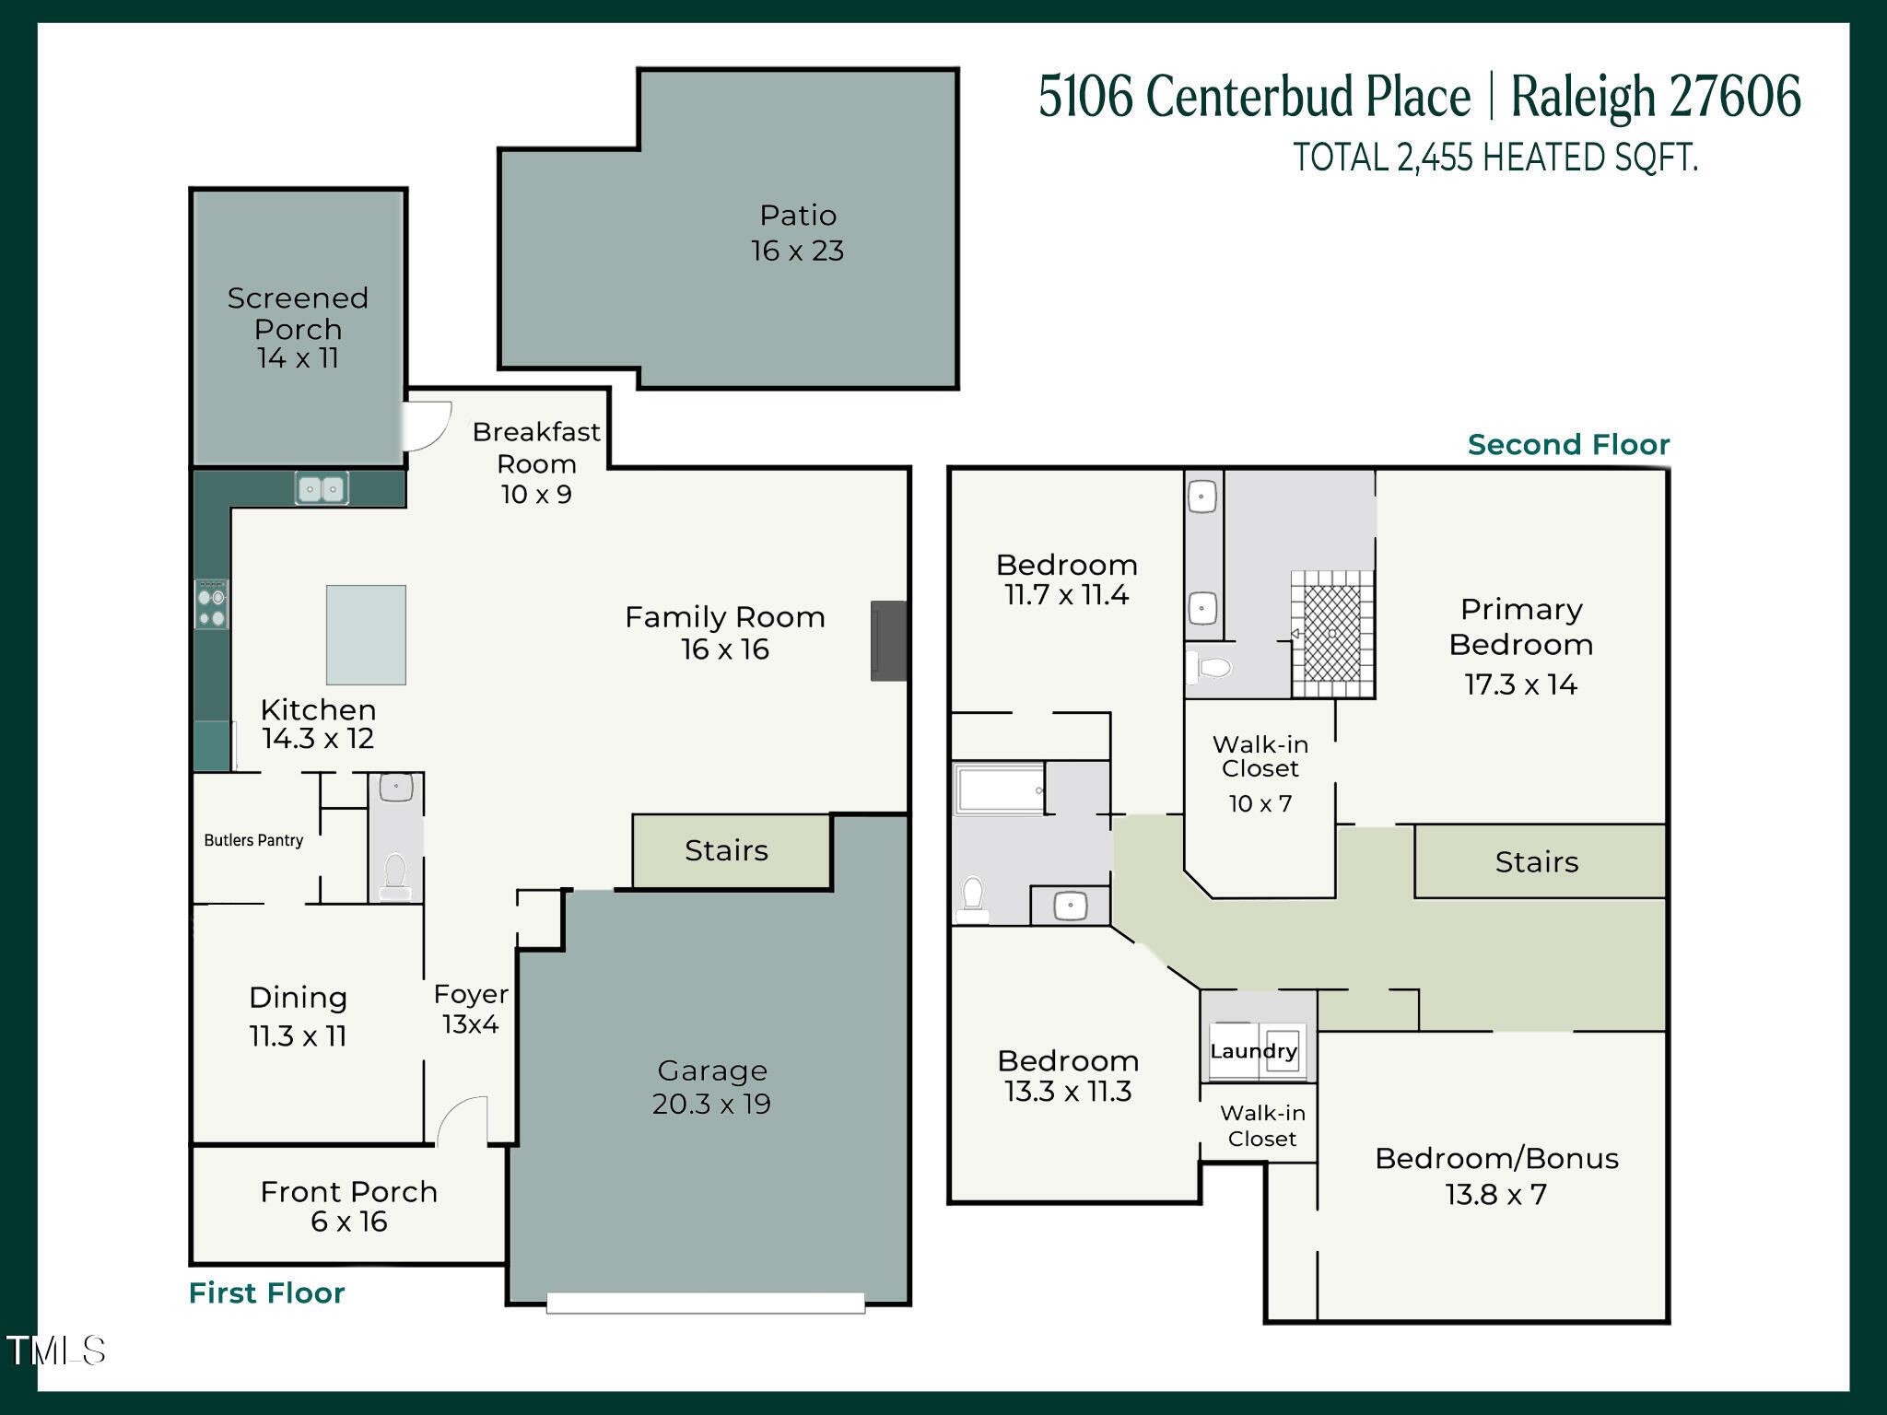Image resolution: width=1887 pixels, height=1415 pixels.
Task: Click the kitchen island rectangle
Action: pos(366,635)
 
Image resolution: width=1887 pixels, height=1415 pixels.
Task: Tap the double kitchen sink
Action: pos(322,488)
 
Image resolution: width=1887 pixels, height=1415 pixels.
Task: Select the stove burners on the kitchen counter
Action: pos(212,604)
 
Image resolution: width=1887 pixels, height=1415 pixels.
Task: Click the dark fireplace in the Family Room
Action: pos(889,641)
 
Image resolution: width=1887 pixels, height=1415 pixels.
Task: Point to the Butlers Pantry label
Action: pos(253,840)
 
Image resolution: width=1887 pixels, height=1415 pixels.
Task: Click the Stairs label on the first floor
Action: pos(726,850)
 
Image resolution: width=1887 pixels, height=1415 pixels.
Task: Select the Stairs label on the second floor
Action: pos(1536,862)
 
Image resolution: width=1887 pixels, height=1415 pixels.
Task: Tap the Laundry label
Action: pos(1253,1051)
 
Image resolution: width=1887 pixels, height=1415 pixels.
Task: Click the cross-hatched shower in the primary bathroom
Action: pos(1332,633)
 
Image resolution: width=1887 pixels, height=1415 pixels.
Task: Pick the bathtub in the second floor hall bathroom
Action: pos(1000,789)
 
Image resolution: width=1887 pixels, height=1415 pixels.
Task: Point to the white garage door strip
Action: pos(705,1302)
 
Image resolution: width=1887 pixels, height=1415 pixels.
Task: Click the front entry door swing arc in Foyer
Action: pos(463,1119)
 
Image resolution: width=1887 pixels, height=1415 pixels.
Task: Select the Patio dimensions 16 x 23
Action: pos(797,251)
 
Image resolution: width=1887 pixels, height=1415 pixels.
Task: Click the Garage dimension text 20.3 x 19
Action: pos(711,1104)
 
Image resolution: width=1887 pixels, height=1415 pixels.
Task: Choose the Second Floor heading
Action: pos(1568,445)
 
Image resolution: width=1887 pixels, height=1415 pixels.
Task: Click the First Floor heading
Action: pos(266,1292)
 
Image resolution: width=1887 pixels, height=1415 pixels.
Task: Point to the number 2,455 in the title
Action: pos(1435,158)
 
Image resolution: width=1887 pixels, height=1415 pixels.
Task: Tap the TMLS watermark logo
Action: pos(56,1351)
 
